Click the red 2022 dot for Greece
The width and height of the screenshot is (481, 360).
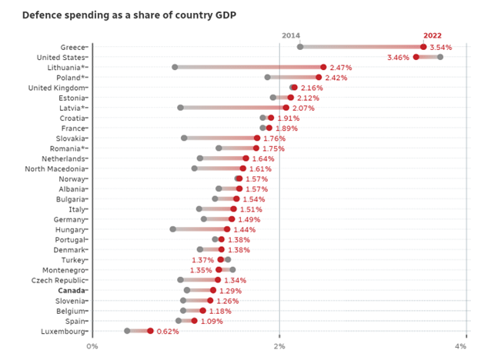(x=423, y=47)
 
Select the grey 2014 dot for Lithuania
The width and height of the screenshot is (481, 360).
(x=175, y=67)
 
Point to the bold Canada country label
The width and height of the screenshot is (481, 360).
(x=73, y=290)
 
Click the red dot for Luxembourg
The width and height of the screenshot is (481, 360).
(x=150, y=331)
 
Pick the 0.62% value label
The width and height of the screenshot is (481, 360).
(x=168, y=331)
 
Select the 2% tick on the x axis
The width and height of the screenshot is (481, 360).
(x=279, y=346)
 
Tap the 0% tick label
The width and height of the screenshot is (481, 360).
(x=92, y=346)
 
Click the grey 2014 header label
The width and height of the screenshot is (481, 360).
(x=291, y=35)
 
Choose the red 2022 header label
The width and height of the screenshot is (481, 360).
(x=433, y=35)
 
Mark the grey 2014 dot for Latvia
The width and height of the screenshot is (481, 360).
(x=180, y=108)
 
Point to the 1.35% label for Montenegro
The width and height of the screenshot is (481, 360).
(x=201, y=270)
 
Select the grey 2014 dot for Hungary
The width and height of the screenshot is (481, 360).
(x=172, y=229)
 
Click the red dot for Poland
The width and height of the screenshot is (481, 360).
(x=319, y=77)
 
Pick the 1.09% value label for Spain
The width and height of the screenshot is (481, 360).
(x=212, y=321)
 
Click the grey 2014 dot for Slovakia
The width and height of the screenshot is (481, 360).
(x=184, y=138)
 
